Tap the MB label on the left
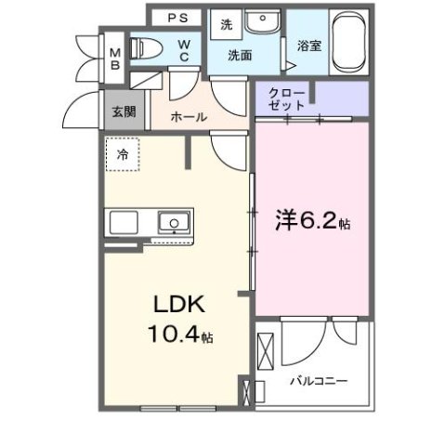coord(115,59)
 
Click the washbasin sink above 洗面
coord(267,21)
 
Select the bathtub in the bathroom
coord(348,41)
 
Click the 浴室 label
coord(308,45)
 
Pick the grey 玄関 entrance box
coord(123,111)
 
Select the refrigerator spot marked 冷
coord(122,155)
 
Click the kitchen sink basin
coord(172,223)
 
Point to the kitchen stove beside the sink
coord(124,223)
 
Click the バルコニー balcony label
coord(318,381)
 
